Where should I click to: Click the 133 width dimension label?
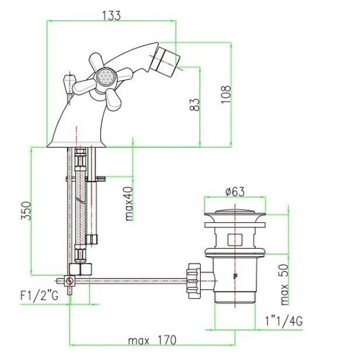click(x=111, y=16)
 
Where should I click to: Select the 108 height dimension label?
click(x=226, y=94)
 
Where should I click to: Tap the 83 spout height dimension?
click(x=195, y=104)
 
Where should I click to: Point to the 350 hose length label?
click(x=26, y=211)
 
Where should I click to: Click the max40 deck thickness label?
click(x=129, y=203)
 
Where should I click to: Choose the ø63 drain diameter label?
click(x=235, y=191)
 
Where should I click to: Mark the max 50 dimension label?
click(x=284, y=284)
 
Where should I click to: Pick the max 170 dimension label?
click(x=152, y=340)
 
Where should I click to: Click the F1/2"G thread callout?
click(x=39, y=295)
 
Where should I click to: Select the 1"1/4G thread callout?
click(x=284, y=321)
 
